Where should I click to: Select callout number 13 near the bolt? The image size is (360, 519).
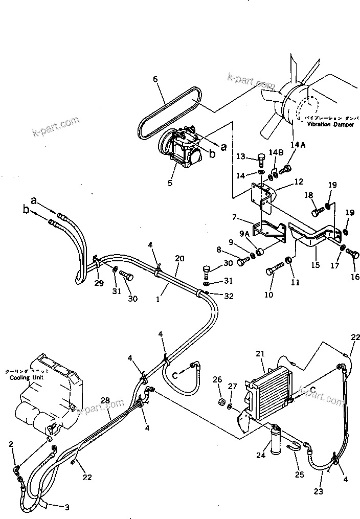[x=241, y=156]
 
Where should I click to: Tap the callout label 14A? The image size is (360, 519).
[x=298, y=145]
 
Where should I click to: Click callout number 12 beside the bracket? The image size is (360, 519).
[x=299, y=182]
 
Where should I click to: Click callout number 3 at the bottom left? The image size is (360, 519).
[x=66, y=507]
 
